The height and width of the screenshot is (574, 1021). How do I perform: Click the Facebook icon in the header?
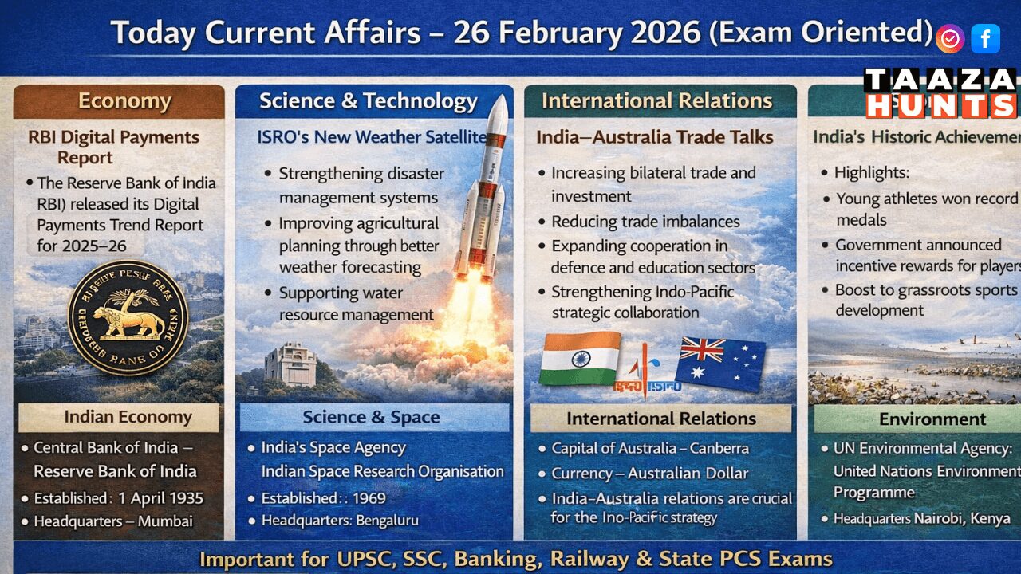point(986,38)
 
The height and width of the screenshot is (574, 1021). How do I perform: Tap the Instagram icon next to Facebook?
point(950,38)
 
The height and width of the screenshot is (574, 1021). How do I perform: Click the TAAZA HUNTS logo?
point(940,92)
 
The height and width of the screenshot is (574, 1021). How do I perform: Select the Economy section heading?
point(124,101)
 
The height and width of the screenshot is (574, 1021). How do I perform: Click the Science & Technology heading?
point(368,101)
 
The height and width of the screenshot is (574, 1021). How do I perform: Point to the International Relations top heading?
point(656,100)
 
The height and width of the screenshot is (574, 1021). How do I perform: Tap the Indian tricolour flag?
point(580,358)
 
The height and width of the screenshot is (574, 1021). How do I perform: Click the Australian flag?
point(719,363)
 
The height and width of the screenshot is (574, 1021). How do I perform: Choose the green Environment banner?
point(932,419)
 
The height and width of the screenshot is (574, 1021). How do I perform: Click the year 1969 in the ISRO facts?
point(365,499)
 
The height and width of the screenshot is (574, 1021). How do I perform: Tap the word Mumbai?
point(165,521)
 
